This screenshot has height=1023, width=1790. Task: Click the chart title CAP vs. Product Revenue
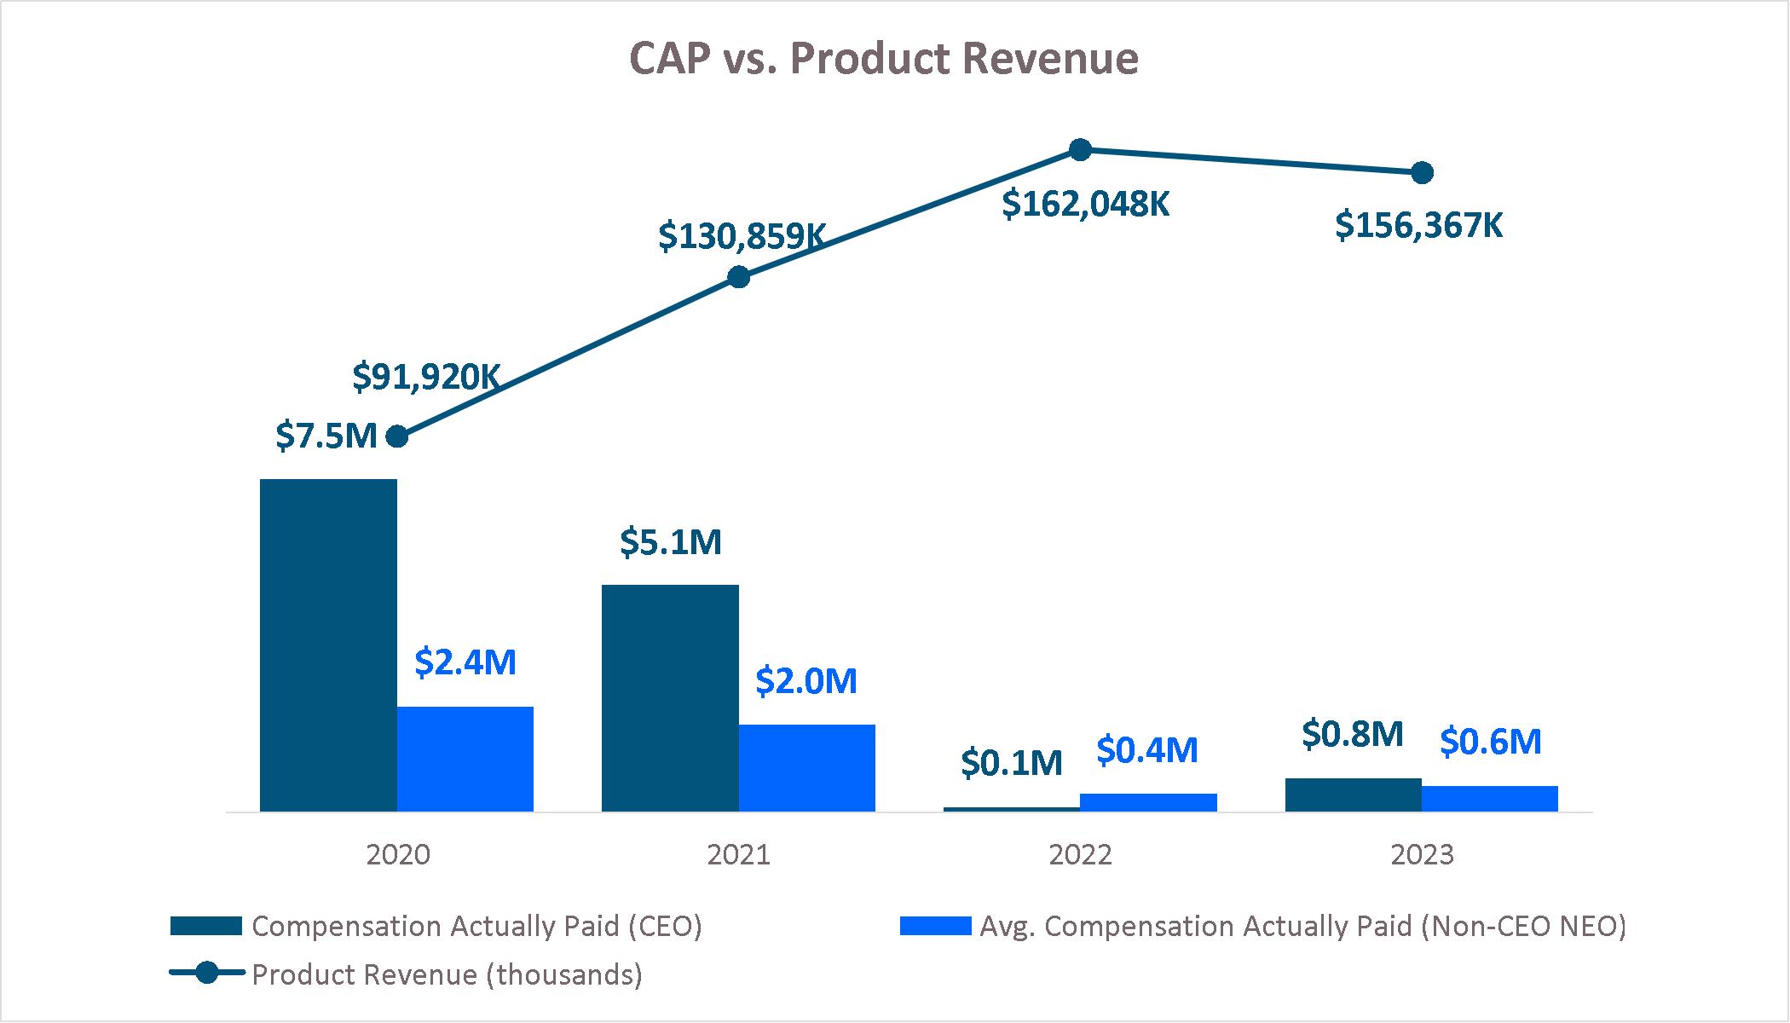(x=883, y=59)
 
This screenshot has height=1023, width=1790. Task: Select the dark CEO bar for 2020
(x=328, y=644)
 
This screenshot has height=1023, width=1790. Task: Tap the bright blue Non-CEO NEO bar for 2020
(x=465, y=759)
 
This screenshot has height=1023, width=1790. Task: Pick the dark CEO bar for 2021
(x=670, y=697)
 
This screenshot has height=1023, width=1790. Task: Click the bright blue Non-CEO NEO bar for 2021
(x=806, y=767)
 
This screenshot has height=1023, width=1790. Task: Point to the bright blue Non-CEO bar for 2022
(x=1148, y=802)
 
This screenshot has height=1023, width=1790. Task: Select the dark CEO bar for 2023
(x=1353, y=795)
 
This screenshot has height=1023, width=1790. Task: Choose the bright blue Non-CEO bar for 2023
(x=1489, y=798)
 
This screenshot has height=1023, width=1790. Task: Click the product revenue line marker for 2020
(x=397, y=437)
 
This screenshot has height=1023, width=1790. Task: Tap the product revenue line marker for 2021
(x=739, y=277)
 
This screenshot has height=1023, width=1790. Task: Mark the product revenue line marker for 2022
(x=1080, y=150)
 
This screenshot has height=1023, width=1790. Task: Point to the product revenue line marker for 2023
(x=1422, y=173)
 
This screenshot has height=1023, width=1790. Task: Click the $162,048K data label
(x=1085, y=205)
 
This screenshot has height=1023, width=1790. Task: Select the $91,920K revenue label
(x=426, y=377)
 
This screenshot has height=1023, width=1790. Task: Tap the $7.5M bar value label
(x=326, y=436)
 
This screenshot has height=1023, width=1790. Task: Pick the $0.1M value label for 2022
(x=1012, y=763)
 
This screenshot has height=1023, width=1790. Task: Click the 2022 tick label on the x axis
(x=1080, y=854)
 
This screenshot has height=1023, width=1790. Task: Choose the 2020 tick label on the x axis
(x=398, y=854)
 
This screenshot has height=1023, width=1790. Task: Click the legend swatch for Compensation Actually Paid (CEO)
(x=205, y=926)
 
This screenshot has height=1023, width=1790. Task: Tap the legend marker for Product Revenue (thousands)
(x=206, y=974)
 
